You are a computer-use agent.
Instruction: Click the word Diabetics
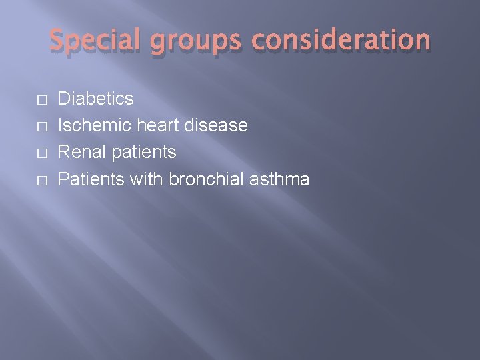point(96,99)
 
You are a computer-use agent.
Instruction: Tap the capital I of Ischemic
point(61,125)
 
